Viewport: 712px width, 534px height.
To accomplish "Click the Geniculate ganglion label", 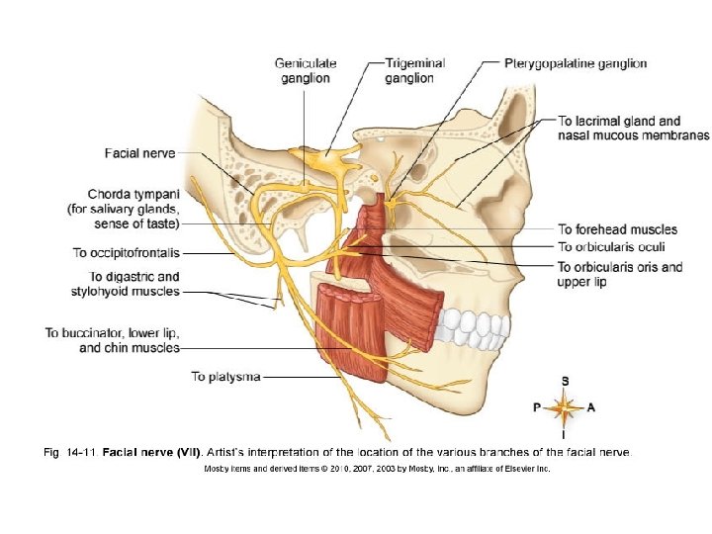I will point(306,70).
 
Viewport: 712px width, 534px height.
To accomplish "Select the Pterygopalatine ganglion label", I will point(576,63).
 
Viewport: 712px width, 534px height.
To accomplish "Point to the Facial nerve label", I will point(139,153).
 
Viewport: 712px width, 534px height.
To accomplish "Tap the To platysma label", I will point(225,376).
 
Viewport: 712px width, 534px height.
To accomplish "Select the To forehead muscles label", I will point(616,229).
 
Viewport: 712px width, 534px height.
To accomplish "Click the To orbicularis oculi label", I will point(611,246).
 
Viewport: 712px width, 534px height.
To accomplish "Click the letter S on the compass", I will point(565,380).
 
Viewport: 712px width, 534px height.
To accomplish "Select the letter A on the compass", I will point(591,406).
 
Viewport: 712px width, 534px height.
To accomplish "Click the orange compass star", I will point(564,406).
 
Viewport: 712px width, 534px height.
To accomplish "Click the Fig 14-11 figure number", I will point(71,453).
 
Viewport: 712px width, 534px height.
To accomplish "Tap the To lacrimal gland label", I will point(620,121).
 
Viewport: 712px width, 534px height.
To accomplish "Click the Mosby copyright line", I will point(376,469).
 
